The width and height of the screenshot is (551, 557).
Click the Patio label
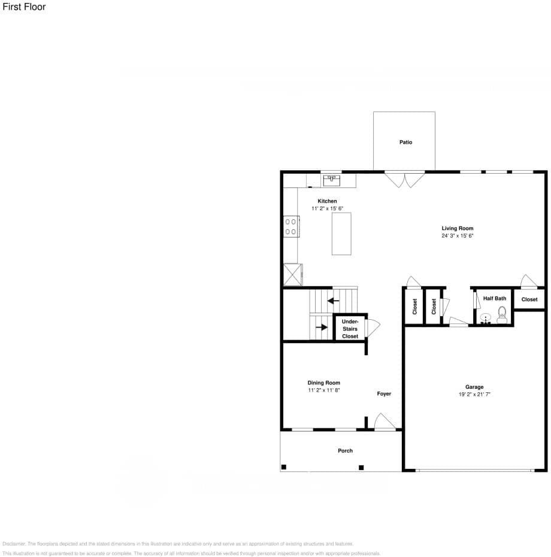(405, 143)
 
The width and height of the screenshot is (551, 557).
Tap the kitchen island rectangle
(341, 233)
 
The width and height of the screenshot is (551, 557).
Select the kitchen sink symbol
(331, 178)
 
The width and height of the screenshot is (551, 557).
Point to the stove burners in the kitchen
(291, 226)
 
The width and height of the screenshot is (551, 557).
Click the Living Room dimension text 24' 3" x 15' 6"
(457, 236)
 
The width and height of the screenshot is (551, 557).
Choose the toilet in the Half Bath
(502, 314)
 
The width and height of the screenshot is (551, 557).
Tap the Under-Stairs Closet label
(350, 329)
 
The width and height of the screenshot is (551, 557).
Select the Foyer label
(384, 394)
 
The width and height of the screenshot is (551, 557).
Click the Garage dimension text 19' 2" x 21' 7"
(474, 395)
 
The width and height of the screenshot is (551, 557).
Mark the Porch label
(345, 450)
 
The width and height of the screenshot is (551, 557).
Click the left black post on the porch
(284, 467)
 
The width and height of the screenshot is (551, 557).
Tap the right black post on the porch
(361, 467)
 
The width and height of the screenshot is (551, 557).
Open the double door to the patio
(404, 179)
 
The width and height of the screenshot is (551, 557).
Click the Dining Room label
(324, 383)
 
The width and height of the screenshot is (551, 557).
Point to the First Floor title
(24, 7)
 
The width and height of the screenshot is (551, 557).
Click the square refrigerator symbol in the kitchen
(293, 274)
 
